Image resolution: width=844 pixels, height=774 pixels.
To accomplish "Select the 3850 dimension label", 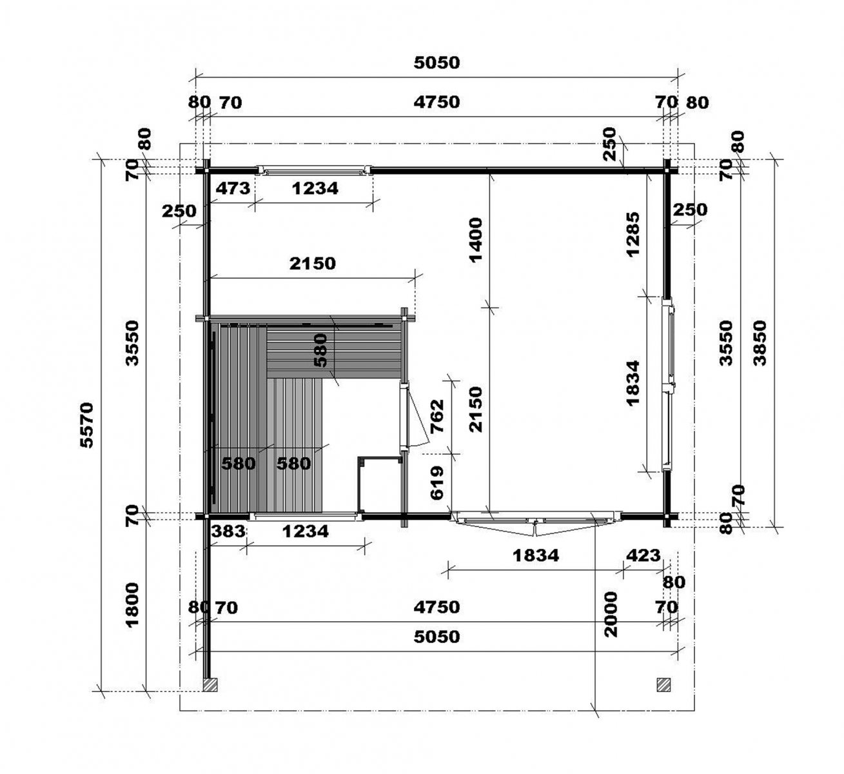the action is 760,343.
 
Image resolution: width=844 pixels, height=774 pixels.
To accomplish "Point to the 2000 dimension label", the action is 610,614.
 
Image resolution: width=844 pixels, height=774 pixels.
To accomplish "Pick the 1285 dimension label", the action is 633,234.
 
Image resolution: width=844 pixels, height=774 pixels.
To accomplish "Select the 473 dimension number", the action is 233,188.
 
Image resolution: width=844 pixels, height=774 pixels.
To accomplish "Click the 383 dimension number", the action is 228,531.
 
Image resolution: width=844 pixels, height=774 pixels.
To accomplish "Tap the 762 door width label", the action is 438,416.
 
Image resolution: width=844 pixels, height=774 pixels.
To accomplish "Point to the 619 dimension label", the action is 438,482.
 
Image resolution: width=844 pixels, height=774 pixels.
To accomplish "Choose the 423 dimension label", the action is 643,555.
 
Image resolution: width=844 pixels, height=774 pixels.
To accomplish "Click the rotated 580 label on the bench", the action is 320,350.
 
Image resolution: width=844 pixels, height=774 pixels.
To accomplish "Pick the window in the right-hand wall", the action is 668,384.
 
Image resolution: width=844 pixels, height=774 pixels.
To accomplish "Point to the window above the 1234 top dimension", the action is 314,170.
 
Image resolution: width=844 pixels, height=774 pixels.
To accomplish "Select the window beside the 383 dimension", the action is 306,516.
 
